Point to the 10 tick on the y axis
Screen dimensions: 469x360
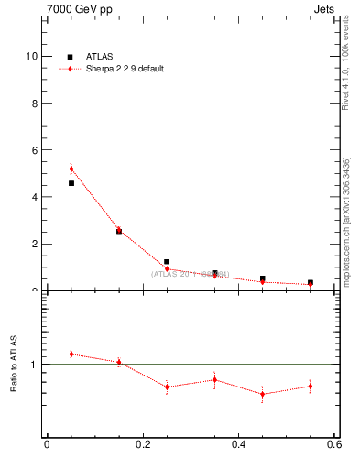pos(33,56)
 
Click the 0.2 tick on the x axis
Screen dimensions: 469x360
pos(142,445)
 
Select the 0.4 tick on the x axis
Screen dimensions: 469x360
pos(238,445)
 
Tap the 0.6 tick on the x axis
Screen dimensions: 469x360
pos(333,445)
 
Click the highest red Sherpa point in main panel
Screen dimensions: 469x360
pos(71,169)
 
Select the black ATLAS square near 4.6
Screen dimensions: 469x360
pos(71,183)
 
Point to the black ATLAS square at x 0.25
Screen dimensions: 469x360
pos(167,262)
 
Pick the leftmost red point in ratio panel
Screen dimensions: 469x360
pos(71,354)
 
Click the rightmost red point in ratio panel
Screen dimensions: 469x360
pos(311,386)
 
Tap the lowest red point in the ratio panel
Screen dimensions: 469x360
pos(263,394)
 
